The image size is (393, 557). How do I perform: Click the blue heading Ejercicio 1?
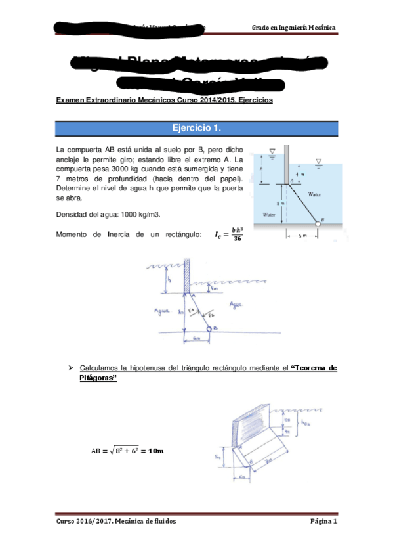pos(196,128)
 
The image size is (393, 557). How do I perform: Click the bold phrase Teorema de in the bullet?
pos(313,368)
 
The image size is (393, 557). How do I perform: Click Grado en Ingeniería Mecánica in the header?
pos(294,28)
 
